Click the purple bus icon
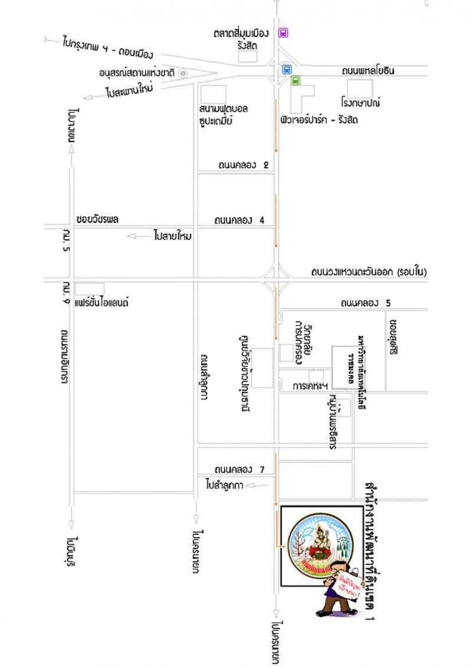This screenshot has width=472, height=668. pyautogui.click(x=283, y=33)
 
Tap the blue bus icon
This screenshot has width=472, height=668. pyautogui.click(x=287, y=69)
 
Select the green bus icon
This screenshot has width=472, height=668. pyautogui.click(x=295, y=81)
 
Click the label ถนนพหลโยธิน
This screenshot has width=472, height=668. pyautogui.click(x=368, y=71)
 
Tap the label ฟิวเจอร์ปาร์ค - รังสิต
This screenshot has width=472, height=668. pyautogui.click(x=319, y=120)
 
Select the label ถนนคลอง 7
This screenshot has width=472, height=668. pyautogui.click(x=238, y=470)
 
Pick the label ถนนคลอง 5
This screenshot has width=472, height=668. pyautogui.click(x=365, y=303)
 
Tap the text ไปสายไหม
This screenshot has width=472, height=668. pyautogui.click(x=173, y=236)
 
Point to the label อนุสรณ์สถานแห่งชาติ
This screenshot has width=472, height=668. pyautogui.click(x=139, y=73)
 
